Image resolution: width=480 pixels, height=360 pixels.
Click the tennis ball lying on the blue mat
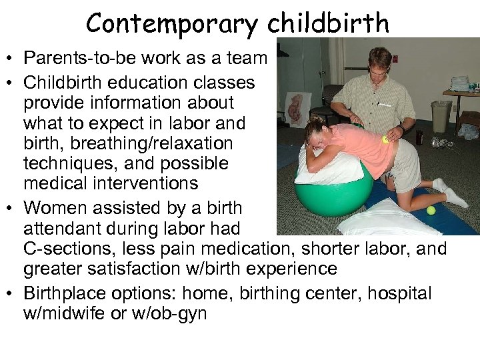431,210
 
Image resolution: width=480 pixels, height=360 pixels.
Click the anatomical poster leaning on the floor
294,110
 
